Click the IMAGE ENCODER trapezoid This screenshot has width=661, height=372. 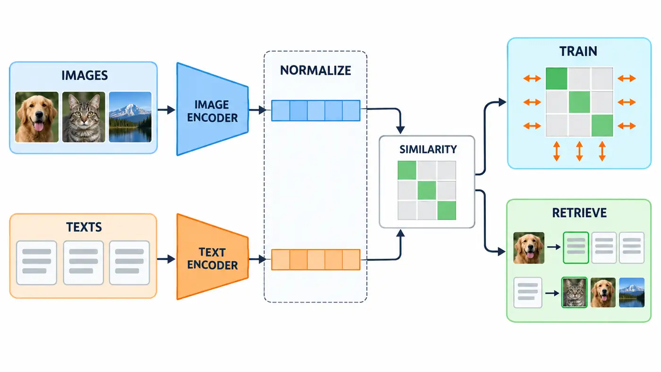pos(212,109)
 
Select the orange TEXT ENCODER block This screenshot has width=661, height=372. pos(212,257)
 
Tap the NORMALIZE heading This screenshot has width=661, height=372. pos(315,70)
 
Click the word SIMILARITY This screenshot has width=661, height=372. pos(428,150)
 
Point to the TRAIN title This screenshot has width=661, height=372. pos(578,51)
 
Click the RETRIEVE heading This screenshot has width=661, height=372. pos(579,213)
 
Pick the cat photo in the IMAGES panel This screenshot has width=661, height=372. pos(84,117)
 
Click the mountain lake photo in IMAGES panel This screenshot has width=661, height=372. pos(130,117)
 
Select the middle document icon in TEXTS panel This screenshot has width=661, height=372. pos(84,262)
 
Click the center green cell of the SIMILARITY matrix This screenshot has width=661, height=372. pos(427,190)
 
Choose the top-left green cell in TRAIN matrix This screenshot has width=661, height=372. pos(557,78)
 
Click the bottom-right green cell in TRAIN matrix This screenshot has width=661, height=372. pos(602,126)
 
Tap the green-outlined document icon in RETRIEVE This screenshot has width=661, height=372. pos(576,247)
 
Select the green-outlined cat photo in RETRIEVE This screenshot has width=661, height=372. pos(574,292)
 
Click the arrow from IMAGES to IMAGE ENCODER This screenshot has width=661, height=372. pos(166,110)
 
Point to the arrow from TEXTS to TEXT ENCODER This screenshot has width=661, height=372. pos(166,259)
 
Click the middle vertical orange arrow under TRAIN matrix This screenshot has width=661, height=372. pos(579,151)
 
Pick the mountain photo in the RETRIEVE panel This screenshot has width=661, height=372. pos(632,292)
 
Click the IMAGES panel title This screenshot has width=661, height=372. pos(85,76)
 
